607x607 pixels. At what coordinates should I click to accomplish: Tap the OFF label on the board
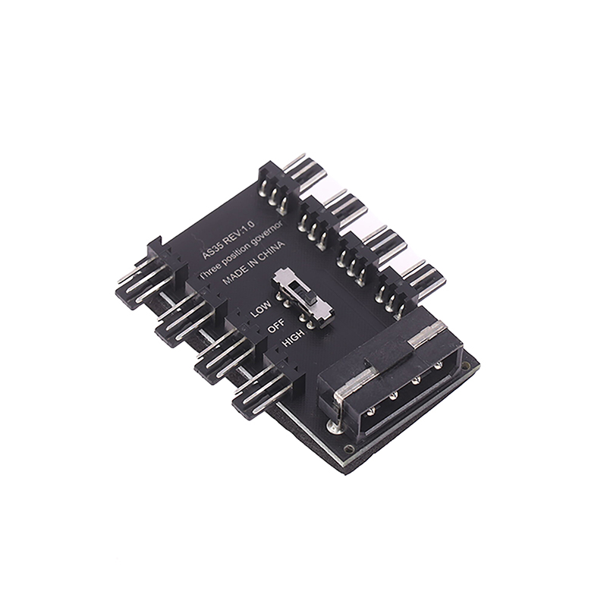point(276,326)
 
